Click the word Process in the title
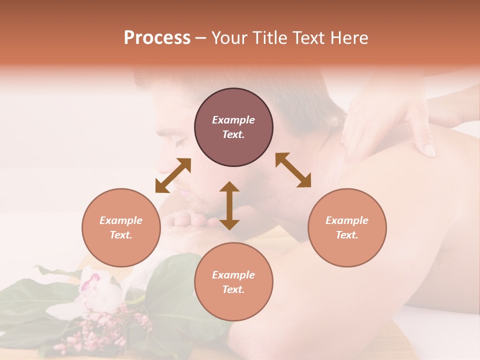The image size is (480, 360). (x=157, y=38)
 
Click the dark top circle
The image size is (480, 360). (x=233, y=127)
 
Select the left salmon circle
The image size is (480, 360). (x=121, y=227)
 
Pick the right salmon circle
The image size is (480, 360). (x=347, y=227)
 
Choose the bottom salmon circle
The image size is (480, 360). (x=233, y=282)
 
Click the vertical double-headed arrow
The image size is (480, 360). (x=229, y=205)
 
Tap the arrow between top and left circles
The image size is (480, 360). (x=173, y=175)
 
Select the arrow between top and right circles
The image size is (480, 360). (x=293, y=170)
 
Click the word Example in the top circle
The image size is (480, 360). (x=233, y=120)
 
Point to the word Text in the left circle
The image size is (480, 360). (x=121, y=235)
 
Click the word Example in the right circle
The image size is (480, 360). (x=347, y=220)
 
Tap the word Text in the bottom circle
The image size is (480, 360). (x=233, y=289)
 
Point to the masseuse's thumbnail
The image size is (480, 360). (x=429, y=150)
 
